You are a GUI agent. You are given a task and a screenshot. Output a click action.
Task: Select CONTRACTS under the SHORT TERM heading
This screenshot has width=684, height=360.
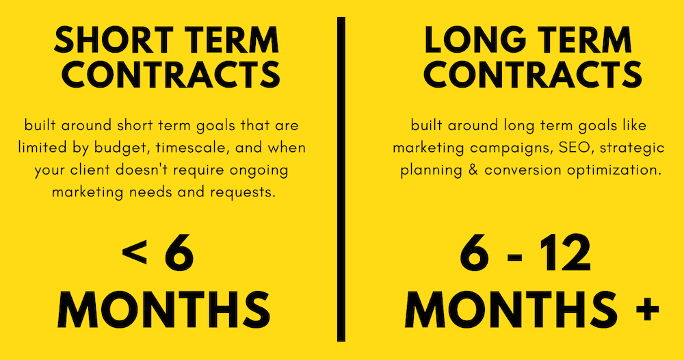pos(170,75)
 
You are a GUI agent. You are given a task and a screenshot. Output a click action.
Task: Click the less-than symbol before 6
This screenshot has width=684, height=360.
pos(134,254)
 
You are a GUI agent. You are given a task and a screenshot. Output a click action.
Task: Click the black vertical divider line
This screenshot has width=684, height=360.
pos(341,179)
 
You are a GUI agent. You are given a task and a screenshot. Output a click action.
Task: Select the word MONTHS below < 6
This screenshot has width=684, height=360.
pos(164,309)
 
